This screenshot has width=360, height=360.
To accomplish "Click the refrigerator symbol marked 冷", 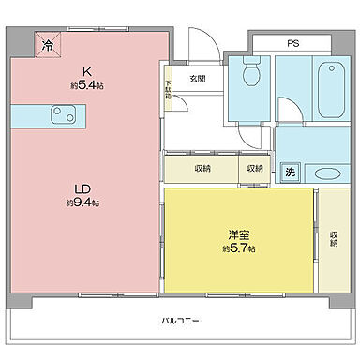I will click(45, 42).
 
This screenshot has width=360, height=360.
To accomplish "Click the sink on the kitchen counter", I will click(63, 114).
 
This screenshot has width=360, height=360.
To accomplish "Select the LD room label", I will click(82, 187).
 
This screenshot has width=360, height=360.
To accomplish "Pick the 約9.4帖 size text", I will click(82, 202).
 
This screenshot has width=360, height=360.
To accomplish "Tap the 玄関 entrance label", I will click(197, 78).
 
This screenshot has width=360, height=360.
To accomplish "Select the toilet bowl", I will click(249, 75).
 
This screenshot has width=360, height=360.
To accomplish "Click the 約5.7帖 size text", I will click(239, 249).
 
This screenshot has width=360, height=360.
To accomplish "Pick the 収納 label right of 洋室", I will click(334, 238).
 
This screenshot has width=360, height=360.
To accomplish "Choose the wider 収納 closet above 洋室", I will click(203, 170).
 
